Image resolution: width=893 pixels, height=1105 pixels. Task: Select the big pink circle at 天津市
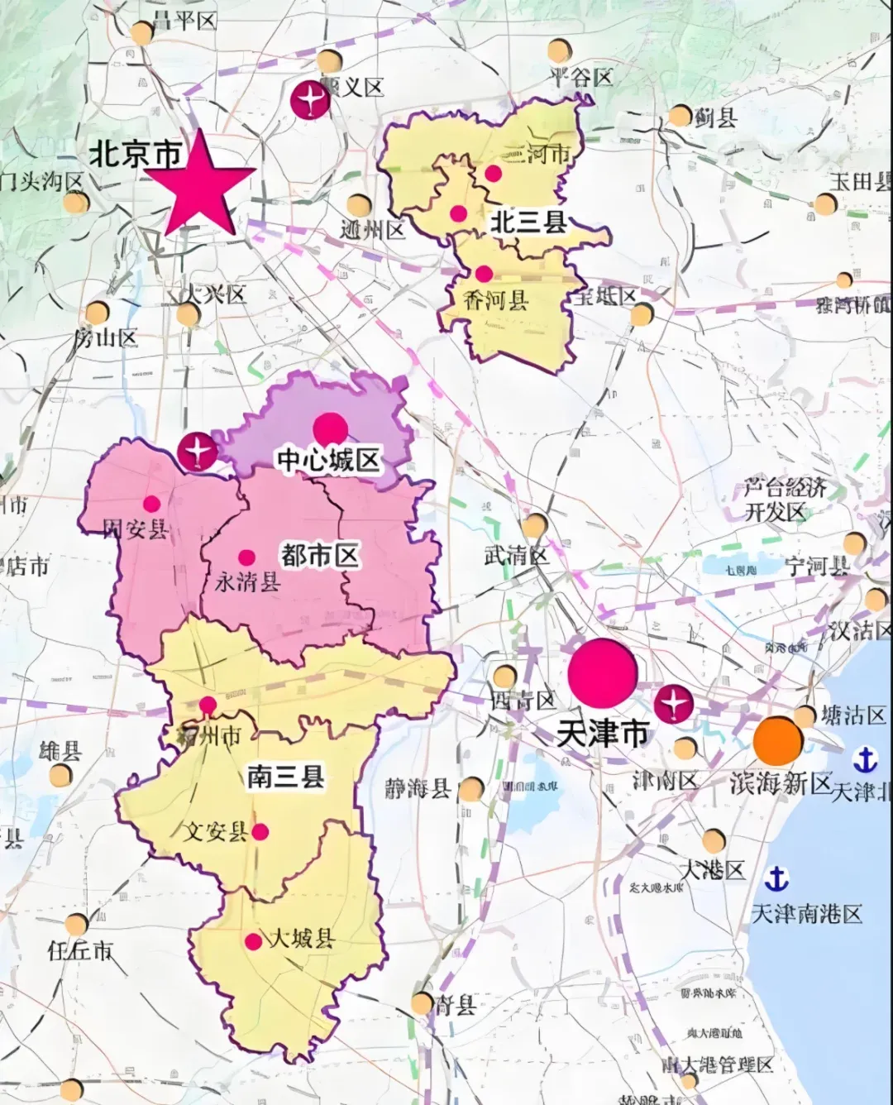pyautogui.click(x=604, y=672)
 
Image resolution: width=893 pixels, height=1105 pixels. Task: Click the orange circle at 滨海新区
pyautogui.click(x=777, y=741)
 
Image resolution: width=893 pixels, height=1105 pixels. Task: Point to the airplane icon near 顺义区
pyautogui.click(x=310, y=100)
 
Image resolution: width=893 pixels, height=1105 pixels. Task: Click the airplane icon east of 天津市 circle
pyautogui.click(x=674, y=704)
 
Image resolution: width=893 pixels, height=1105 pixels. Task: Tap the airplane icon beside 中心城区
pyautogui.click(x=198, y=452)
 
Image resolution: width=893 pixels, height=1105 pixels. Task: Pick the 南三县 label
pyautogui.click(x=286, y=777)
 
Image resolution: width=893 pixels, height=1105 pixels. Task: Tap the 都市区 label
pyautogui.click(x=321, y=556)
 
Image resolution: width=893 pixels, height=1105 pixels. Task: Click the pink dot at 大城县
pyautogui.click(x=254, y=941)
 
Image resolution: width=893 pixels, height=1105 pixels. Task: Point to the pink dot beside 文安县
pyautogui.click(x=260, y=832)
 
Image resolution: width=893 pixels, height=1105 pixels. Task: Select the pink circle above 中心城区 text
pyautogui.click(x=331, y=429)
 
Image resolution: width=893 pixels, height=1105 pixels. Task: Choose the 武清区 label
pyautogui.click(x=518, y=555)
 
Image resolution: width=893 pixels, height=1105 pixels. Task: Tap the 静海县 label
pyautogui.click(x=418, y=788)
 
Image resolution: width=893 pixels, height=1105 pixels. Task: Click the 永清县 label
pyautogui.click(x=247, y=581)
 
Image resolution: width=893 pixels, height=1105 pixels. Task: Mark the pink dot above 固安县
pyautogui.click(x=151, y=504)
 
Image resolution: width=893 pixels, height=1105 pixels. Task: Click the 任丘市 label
pyautogui.click(x=80, y=950)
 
